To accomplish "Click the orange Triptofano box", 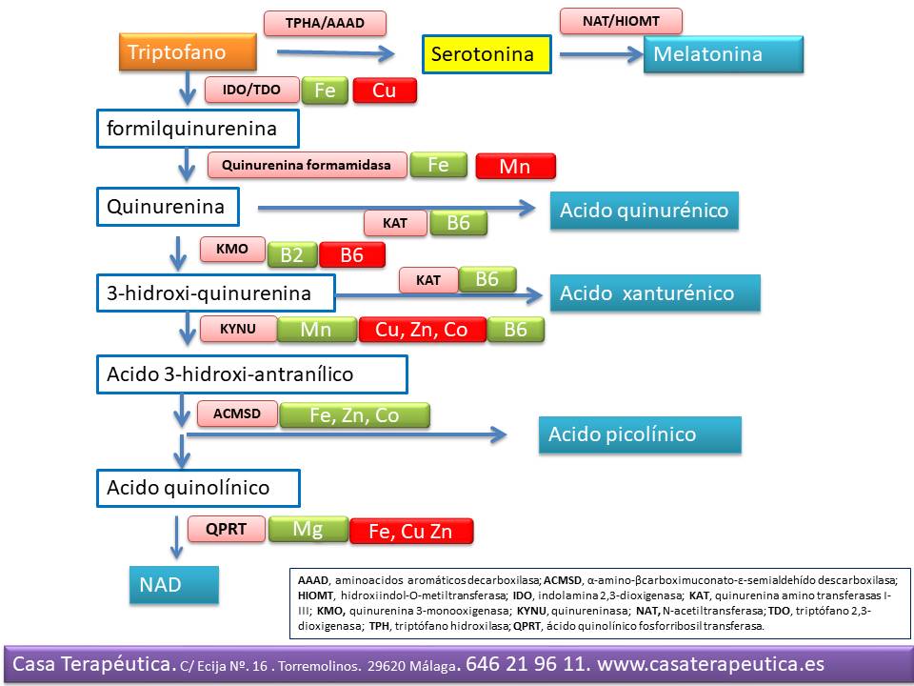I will pyautogui.click(x=188, y=51).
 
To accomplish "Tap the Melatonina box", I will pyautogui.click(x=724, y=54).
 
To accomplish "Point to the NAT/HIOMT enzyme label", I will pyautogui.click(x=621, y=20).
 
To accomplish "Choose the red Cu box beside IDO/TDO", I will pyautogui.click(x=385, y=91).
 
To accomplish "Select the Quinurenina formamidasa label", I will pyautogui.click(x=307, y=165).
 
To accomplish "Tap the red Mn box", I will pyautogui.click(x=515, y=167).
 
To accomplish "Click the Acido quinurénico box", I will pyautogui.click(x=645, y=211).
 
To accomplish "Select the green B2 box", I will pyautogui.click(x=292, y=254).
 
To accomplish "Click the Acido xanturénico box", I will pyautogui.click(x=655, y=293).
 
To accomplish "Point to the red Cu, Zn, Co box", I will pyautogui.click(x=422, y=330).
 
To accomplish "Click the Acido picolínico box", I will pyautogui.click(x=639, y=434).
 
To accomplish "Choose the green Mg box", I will pyautogui.click(x=308, y=529).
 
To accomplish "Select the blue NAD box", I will pyautogui.click(x=174, y=584).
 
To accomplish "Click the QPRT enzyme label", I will pyautogui.click(x=227, y=529).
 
